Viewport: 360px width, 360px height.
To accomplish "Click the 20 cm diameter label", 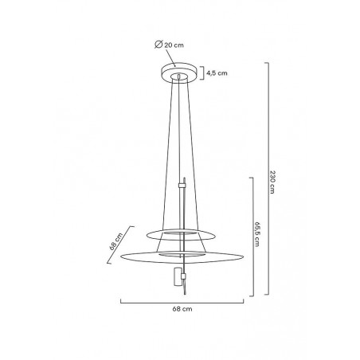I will pos(174,45).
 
